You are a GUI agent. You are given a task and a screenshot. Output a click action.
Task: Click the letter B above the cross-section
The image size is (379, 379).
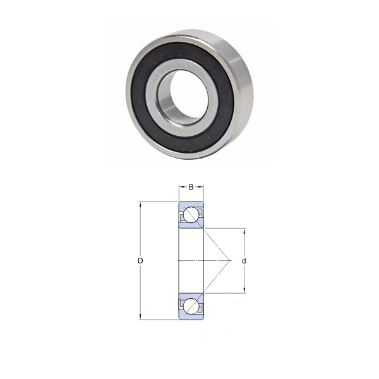[191, 187]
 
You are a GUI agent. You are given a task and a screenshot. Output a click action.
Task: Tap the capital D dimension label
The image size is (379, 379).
[140, 261]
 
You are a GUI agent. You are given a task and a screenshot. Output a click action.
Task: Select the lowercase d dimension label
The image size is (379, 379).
[244, 261]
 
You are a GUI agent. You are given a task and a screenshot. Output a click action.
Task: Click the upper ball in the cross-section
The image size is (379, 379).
[191, 215]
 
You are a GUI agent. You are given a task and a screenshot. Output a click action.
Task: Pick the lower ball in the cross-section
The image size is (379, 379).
[191, 306]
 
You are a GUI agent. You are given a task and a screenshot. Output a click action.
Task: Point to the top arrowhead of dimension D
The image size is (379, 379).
[140, 205]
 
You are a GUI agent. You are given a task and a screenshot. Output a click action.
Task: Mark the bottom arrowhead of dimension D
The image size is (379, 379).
[140, 316]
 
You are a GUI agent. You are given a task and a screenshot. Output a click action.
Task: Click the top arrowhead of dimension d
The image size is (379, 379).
[244, 231]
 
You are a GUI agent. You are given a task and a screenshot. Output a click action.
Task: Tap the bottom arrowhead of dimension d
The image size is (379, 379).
[244, 290]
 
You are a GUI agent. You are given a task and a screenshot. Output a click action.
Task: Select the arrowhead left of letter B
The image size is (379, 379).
[182, 187]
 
